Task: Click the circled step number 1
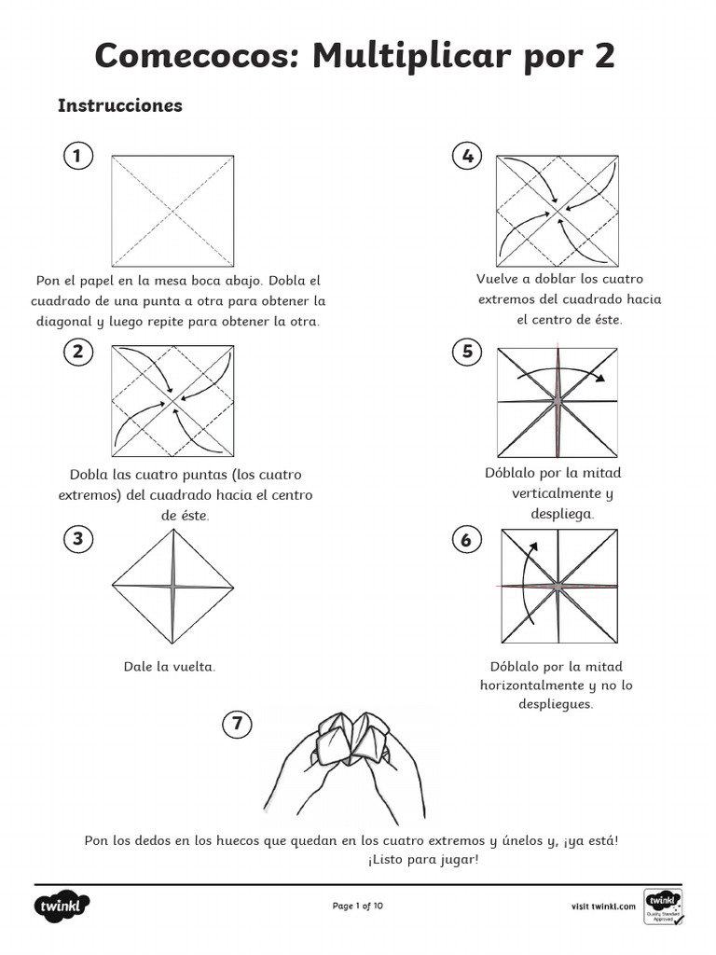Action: click(77, 156)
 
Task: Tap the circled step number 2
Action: click(77, 351)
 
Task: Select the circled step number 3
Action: click(77, 538)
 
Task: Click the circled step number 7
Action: click(238, 723)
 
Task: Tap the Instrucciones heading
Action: click(120, 105)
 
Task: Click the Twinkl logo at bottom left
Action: click(62, 906)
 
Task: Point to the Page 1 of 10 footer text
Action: click(358, 906)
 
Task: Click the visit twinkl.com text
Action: click(603, 906)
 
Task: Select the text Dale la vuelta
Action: click(170, 667)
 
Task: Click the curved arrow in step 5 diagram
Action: click(559, 371)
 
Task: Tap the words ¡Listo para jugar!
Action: click(423, 859)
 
